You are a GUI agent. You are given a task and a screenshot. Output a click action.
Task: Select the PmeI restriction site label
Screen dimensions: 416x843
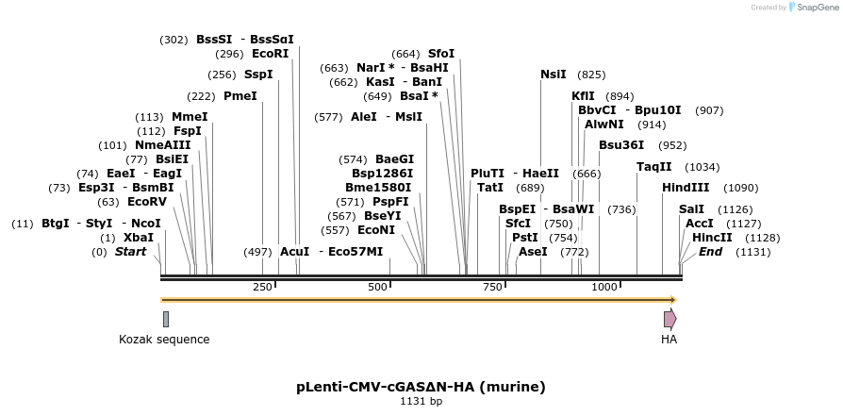(240, 96)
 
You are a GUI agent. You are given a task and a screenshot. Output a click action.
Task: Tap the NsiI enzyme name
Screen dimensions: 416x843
(553, 75)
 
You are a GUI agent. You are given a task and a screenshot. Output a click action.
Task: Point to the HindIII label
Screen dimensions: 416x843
(686, 188)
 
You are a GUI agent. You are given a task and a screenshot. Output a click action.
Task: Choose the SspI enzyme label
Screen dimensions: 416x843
(257, 75)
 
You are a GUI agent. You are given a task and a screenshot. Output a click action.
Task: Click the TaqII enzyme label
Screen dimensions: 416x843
(654, 166)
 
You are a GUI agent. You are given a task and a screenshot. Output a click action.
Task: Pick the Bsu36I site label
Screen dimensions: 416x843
(621, 145)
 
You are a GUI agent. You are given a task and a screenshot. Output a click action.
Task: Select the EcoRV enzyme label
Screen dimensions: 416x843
(146, 202)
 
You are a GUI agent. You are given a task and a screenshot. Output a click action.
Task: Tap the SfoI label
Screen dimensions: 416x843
(441, 54)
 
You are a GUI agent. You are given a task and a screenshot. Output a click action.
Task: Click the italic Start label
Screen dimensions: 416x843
(130, 252)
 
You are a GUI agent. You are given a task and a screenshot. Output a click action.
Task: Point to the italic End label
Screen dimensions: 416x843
(710, 252)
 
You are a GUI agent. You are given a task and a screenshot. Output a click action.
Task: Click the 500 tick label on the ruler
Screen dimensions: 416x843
(378, 287)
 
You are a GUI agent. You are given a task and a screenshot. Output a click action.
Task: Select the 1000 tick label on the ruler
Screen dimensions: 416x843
(603, 287)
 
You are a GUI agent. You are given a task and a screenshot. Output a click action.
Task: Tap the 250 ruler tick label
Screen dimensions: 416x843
(262, 287)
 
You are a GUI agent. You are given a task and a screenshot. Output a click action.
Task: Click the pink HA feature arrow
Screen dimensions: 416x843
(669, 319)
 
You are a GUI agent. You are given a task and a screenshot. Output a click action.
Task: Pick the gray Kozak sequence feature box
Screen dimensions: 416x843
(166, 319)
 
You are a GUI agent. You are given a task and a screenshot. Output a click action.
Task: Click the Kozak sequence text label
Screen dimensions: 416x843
(164, 340)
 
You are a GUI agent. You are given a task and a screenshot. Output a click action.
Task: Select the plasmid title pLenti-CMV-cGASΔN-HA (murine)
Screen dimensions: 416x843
(421, 387)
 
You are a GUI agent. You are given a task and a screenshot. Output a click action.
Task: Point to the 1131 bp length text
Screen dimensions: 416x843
(421, 402)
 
